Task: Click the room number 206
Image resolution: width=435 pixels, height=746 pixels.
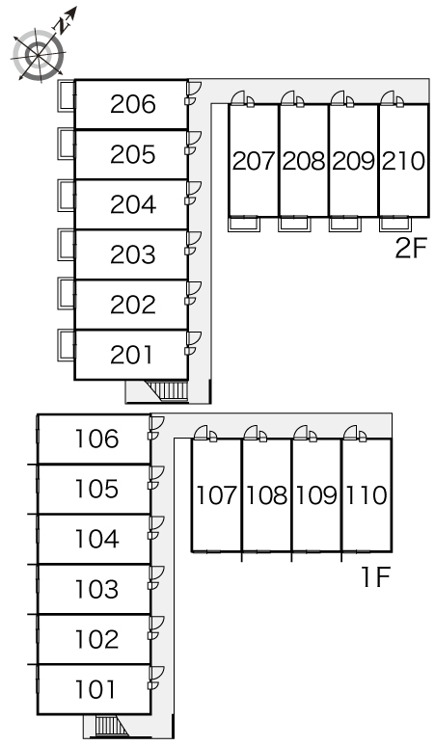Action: (x=133, y=104)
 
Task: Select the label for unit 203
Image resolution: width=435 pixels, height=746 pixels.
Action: (x=133, y=254)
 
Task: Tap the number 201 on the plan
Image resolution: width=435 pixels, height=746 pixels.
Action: (x=131, y=355)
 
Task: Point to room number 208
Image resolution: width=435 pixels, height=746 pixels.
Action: (x=304, y=161)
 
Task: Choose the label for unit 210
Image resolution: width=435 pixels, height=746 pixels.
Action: (x=403, y=161)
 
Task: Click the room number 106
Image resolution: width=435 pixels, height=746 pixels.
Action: (x=96, y=439)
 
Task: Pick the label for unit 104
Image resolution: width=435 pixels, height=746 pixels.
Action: (x=96, y=539)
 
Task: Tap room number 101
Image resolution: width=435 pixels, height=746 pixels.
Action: (x=95, y=689)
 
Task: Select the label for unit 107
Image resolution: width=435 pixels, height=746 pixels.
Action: (x=217, y=495)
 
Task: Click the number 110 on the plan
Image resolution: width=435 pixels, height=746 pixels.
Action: (x=366, y=495)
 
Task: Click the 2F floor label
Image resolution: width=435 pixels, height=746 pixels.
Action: (x=411, y=249)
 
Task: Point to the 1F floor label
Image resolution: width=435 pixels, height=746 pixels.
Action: (x=376, y=577)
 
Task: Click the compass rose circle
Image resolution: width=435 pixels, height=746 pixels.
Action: (x=38, y=55)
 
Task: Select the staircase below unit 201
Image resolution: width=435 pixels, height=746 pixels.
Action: (x=171, y=390)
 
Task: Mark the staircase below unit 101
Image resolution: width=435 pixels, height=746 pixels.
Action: (x=109, y=726)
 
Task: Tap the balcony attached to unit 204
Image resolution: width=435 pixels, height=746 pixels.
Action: (x=67, y=195)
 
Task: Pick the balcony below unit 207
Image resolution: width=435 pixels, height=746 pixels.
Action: (x=244, y=224)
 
